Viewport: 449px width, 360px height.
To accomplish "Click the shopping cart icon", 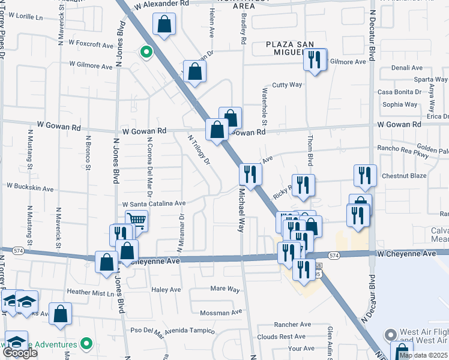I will [x=137, y=221].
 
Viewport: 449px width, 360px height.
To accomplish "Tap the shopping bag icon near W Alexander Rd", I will [x=164, y=25].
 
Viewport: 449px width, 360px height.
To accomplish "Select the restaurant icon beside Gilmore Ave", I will [x=315, y=59].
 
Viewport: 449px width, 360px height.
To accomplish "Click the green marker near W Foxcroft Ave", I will [x=145, y=52].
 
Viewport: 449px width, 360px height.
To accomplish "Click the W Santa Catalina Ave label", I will [x=154, y=204].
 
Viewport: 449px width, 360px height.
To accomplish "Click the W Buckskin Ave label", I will [x=28, y=187].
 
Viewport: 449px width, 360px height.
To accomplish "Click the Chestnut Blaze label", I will [x=404, y=176].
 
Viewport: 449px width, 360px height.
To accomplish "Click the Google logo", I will [x=20, y=353].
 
